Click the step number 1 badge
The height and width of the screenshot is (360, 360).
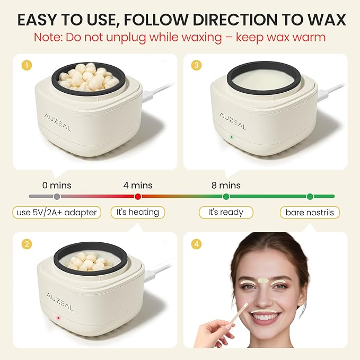[x=23, y=66]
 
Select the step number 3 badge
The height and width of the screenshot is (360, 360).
[x=197, y=66]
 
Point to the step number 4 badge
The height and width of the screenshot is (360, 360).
[x=197, y=245]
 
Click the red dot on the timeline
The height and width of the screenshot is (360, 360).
[x=138, y=197]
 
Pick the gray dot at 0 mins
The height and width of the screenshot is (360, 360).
[x=57, y=197]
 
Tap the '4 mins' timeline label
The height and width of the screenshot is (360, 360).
[x=138, y=186]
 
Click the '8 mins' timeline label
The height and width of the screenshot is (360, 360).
[x=226, y=186]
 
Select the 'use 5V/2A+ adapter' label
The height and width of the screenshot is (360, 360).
[x=57, y=213]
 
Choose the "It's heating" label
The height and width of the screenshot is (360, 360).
[x=138, y=213]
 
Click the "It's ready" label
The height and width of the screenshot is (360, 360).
[x=226, y=213]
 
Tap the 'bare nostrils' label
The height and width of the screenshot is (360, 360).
[x=310, y=213]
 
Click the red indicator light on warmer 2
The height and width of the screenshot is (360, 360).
[x=57, y=317]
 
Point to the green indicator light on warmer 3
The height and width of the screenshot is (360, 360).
[x=231, y=137]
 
